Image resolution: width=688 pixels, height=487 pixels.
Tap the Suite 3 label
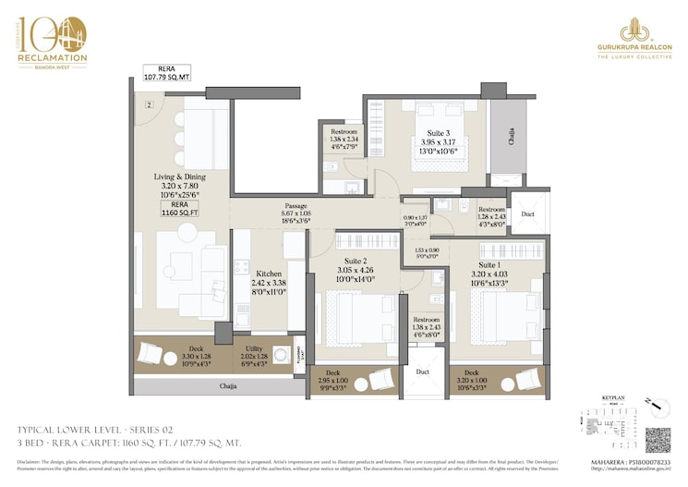coord(426,132)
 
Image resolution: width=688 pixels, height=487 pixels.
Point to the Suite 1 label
coord(490,264)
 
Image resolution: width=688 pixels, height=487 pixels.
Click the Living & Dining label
coord(179,176)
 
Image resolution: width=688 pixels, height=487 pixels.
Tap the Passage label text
coord(296,206)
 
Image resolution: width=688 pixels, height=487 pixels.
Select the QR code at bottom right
coord(658,439)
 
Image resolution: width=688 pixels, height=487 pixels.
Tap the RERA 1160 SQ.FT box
coord(179,208)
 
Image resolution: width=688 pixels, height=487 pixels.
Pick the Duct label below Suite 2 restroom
coord(423,371)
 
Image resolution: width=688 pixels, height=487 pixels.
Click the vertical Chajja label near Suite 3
coord(511,137)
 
